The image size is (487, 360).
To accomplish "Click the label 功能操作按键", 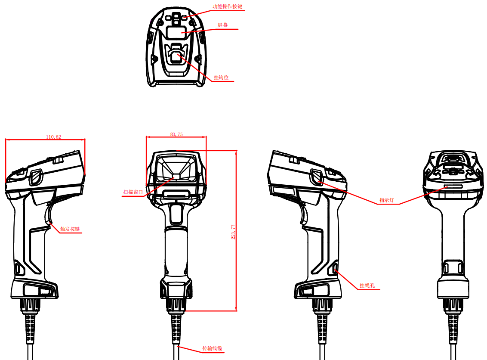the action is click(x=227, y=6).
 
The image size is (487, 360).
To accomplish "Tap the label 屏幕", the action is click(x=223, y=25).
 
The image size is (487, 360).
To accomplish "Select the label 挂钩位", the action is click(x=221, y=78).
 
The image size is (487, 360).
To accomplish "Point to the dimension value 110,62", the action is click(x=53, y=137).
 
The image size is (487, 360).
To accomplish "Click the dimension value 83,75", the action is click(x=176, y=134).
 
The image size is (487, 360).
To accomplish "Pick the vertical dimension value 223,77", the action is click(x=233, y=232).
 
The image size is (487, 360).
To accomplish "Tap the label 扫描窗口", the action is click(x=133, y=192).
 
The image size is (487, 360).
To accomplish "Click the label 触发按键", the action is click(x=70, y=229).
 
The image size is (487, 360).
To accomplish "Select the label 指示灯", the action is click(x=387, y=200).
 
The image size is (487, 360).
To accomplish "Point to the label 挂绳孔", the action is click(x=367, y=286).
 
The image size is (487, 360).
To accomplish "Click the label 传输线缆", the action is click(x=213, y=348).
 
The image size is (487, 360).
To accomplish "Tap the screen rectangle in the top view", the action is click(x=176, y=32).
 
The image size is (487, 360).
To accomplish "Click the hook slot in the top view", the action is click(x=176, y=56).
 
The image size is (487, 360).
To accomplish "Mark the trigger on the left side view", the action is click(x=49, y=214).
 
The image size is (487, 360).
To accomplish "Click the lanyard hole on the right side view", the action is click(x=335, y=268).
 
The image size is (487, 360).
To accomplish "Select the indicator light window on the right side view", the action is click(x=317, y=176).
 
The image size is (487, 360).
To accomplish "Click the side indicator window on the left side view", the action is click(x=35, y=177).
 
